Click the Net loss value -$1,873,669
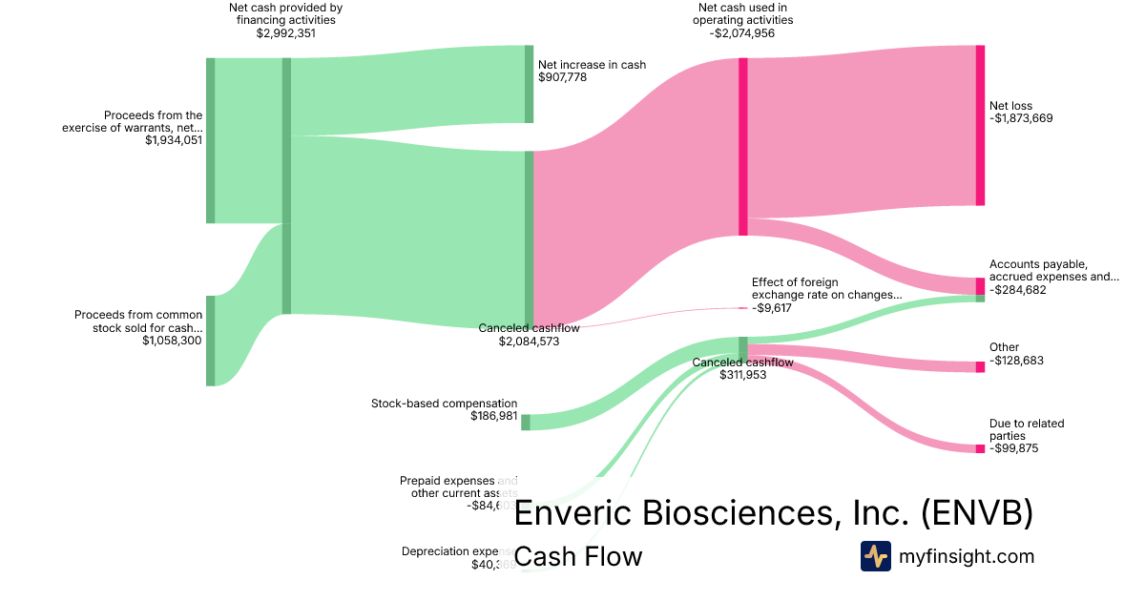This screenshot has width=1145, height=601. (x=1021, y=118)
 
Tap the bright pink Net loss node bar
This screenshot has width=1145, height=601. (x=980, y=125)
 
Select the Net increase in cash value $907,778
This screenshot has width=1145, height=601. (x=562, y=77)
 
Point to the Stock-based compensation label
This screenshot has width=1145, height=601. (x=444, y=404)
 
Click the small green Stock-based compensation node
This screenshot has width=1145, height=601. (x=526, y=422)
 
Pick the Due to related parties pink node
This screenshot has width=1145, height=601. (x=980, y=448)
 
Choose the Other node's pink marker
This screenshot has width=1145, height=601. (x=980, y=366)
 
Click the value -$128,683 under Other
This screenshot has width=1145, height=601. (x=1017, y=360)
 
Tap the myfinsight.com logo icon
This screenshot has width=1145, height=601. (x=875, y=556)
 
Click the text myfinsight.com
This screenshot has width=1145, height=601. (x=967, y=556)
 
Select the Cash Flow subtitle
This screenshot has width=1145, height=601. (x=578, y=556)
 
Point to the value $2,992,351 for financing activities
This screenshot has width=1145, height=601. (x=285, y=33)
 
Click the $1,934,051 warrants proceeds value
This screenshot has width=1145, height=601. (x=174, y=140)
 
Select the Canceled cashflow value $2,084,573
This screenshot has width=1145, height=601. (x=529, y=341)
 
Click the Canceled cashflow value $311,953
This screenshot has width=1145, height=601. (x=742, y=375)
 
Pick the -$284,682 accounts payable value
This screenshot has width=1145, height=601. (x=1017, y=290)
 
